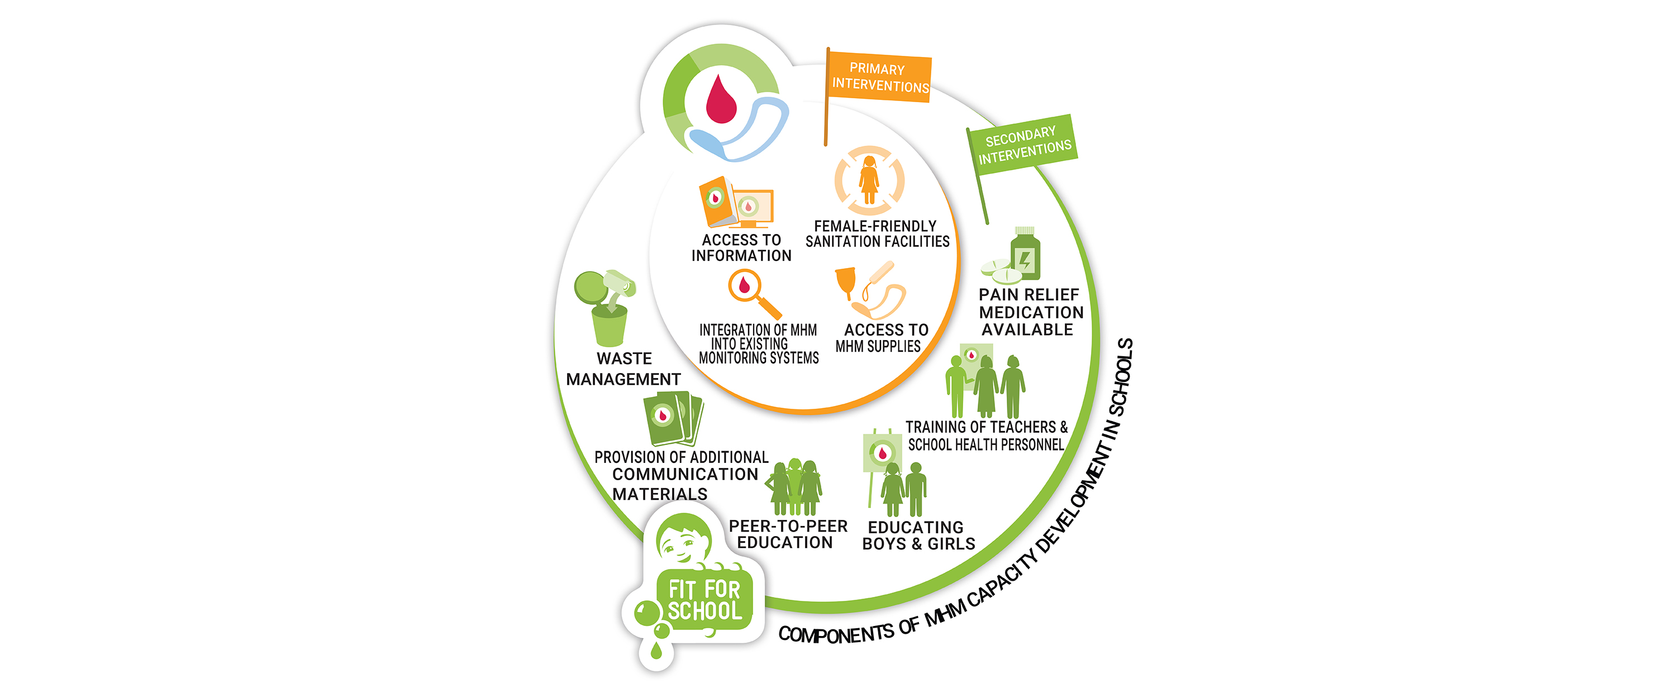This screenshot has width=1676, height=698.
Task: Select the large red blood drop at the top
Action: click(x=721, y=101)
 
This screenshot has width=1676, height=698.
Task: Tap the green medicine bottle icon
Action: click(x=1025, y=256)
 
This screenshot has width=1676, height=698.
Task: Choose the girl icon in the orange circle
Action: click(x=869, y=180)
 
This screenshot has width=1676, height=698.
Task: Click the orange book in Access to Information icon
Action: click(x=716, y=201)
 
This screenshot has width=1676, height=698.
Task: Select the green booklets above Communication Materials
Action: click(x=672, y=418)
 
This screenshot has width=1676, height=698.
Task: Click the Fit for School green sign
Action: click(x=704, y=600)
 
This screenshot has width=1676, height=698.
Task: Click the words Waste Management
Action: click(x=623, y=369)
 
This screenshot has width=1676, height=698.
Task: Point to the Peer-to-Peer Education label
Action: click(x=787, y=534)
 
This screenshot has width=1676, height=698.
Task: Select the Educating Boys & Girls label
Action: click(x=917, y=536)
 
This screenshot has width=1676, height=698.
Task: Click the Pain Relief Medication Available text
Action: click(x=1030, y=312)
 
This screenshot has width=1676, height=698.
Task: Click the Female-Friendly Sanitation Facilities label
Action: click(x=877, y=234)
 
